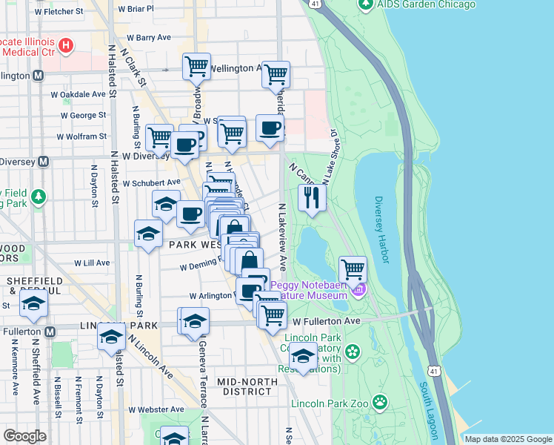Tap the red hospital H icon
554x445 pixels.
point(67,47)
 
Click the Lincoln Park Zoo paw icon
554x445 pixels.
point(380,402)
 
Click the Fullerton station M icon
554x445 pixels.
point(50,332)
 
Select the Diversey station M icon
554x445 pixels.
point(43,161)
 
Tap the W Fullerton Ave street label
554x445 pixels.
point(326,321)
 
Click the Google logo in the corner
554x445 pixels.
point(24,436)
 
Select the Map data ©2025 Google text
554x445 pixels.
point(507,439)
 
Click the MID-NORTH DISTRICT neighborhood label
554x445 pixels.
point(247,386)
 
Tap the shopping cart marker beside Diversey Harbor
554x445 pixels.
point(353,268)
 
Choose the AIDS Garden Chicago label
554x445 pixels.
point(426,4)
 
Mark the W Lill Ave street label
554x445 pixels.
point(92,263)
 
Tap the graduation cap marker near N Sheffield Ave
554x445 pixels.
point(33,303)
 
